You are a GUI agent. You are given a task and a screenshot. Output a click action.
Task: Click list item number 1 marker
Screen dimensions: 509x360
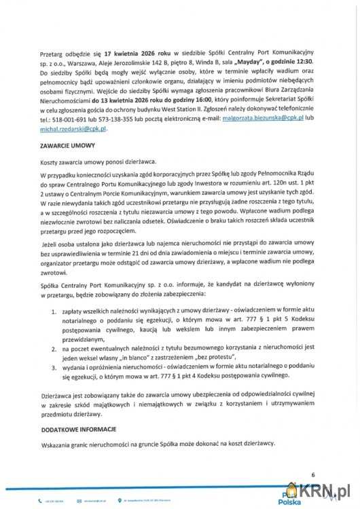pyautogui.click(x=54, y=309)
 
